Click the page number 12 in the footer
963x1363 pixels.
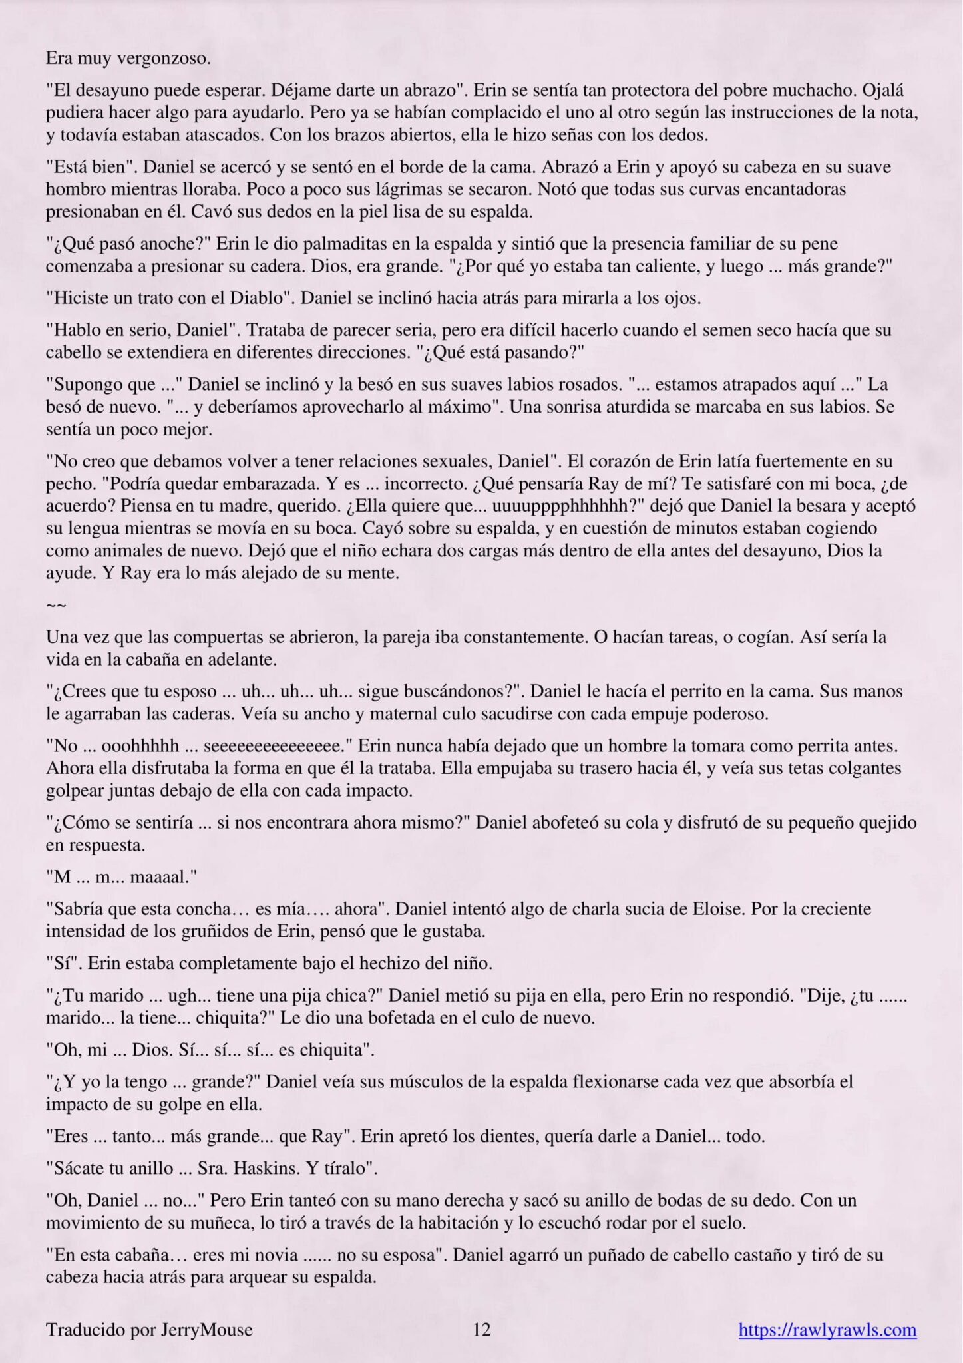pos(481,1330)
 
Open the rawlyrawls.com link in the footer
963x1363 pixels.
pos(827,1330)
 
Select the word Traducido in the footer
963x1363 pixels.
pos(76,1330)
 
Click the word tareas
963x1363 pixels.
pos(729,637)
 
